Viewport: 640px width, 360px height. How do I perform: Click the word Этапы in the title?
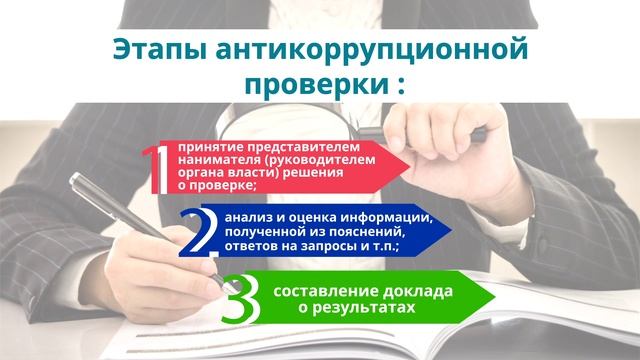pyautogui.click(x=149, y=48)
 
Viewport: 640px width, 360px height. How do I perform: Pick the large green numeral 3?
pyautogui.click(x=241, y=298)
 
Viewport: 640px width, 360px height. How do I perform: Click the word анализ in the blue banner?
pyautogui.click(x=249, y=217)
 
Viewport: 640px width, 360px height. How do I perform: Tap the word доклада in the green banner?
pyautogui.click(x=418, y=291)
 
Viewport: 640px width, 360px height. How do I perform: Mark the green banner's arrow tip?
pyautogui.click(x=495, y=298)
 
